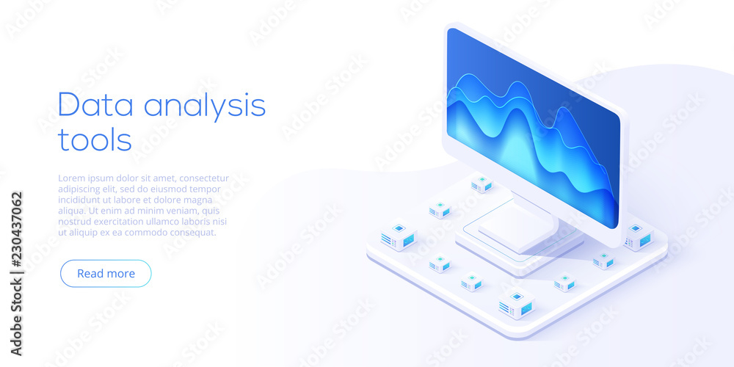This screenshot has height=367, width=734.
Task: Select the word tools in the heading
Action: [95, 139]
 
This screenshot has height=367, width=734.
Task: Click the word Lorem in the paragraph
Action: [73, 178]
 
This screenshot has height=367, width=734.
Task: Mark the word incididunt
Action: [84, 200]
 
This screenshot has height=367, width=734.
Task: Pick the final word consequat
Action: [195, 232]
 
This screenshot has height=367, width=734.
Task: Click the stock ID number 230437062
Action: [16, 242]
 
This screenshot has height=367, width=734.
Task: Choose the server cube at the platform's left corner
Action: [399, 237]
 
